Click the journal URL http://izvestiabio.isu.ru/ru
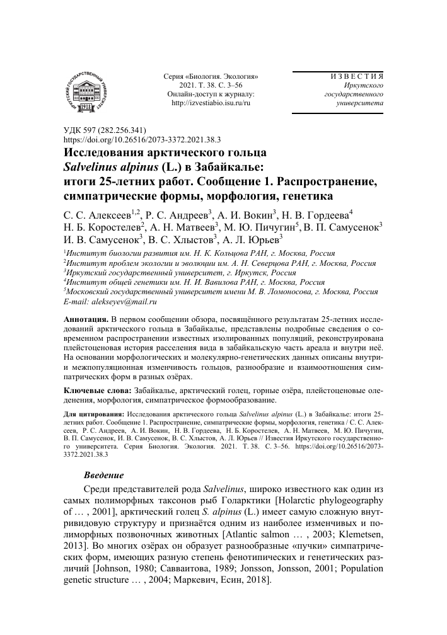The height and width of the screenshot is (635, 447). click(211, 103)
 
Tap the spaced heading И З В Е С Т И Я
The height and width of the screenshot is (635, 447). click(357, 76)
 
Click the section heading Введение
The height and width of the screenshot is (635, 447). click(104, 474)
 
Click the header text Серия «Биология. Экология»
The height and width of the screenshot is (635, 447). click(211, 76)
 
